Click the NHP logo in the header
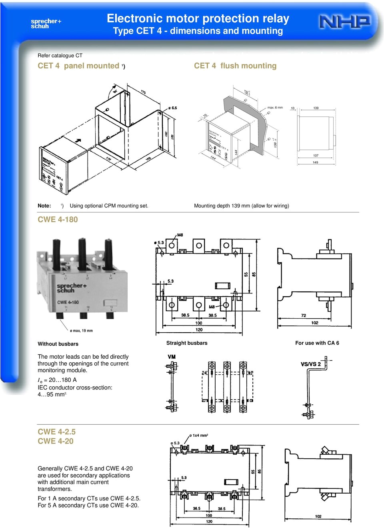point(344,22)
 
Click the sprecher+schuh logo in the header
point(46,24)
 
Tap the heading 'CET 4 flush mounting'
point(235,66)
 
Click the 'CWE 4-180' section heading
point(58,220)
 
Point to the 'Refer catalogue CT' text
point(60,56)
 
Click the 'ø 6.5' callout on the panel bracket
point(172,108)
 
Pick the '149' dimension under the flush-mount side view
point(315,163)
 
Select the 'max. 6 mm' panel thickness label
point(275,108)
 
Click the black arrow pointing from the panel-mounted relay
point(78,141)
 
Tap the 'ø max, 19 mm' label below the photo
point(81,331)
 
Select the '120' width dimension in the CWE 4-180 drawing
point(199,330)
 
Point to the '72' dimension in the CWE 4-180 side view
point(304,315)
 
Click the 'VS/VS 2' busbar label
point(310,364)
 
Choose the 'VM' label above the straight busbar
point(172,357)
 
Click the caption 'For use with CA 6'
point(317,343)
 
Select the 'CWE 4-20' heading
point(56,442)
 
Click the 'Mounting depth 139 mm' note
point(241,206)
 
